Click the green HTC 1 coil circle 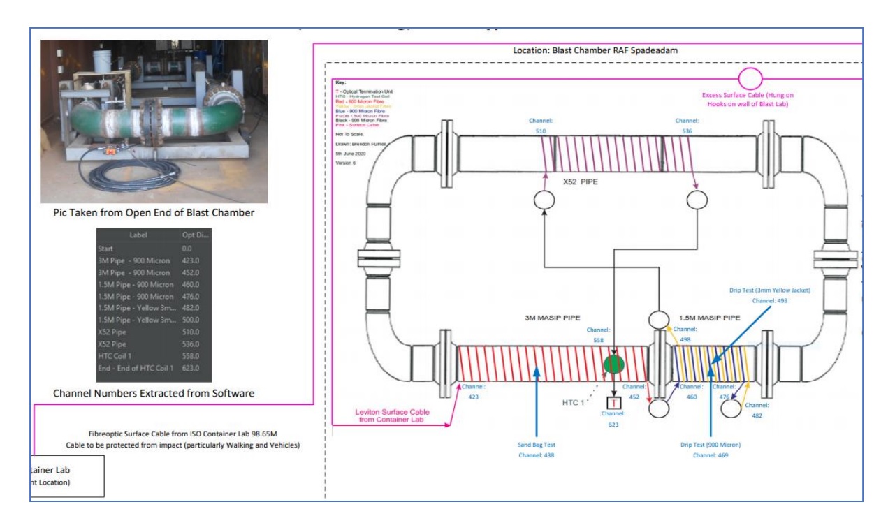(613, 365)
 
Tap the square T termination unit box (613, 404)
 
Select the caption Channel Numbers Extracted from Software (154, 394)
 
